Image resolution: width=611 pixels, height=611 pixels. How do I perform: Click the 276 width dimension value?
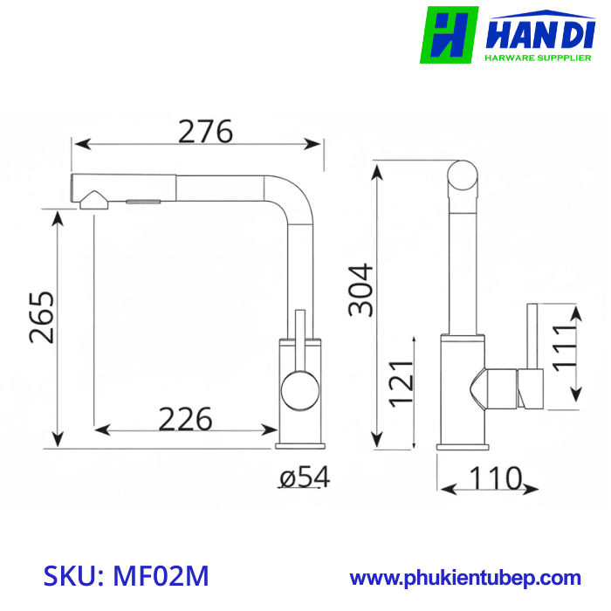tap(206, 131)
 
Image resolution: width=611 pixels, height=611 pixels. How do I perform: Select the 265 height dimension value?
tap(41, 316)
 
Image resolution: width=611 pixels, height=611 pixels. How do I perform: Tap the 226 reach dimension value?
tap(185, 419)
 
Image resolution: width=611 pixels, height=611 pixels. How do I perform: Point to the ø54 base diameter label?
tap(305, 477)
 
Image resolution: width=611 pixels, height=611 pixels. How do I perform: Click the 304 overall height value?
tap(361, 290)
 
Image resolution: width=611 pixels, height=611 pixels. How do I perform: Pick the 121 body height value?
tap(400, 382)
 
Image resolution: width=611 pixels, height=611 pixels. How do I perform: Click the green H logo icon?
tap(450, 35)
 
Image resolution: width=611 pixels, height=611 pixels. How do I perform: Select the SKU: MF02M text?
tap(127, 576)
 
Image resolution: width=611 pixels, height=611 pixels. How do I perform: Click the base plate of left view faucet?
tap(300, 445)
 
